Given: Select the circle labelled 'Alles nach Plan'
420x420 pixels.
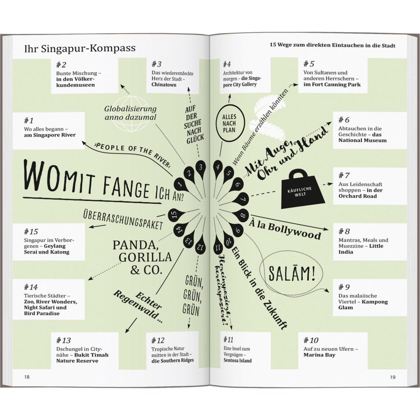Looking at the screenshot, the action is click(x=230, y=123).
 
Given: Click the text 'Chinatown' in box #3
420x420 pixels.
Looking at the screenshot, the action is click(x=164, y=85).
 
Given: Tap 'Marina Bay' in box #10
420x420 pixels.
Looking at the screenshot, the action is click(x=319, y=355).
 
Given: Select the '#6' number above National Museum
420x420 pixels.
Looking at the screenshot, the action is click(x=344, y=120).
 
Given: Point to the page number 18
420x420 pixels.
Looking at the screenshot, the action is click(x=27, y=377).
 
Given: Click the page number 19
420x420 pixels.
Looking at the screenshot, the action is click(x=393, y=377).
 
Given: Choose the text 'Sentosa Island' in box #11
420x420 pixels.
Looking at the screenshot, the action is click(x=237, y=361).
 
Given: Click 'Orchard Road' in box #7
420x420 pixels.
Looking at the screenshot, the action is click(x=357, y=196).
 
